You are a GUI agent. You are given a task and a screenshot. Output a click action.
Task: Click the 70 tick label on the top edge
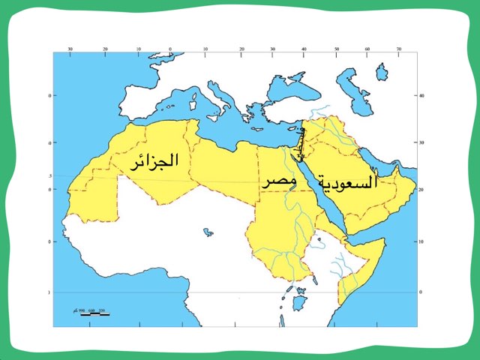tap(399, 48)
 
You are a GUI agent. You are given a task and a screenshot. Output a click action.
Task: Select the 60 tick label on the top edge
tap(367, 48)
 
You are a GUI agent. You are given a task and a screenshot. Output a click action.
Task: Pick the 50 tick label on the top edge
tap(336, 48)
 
